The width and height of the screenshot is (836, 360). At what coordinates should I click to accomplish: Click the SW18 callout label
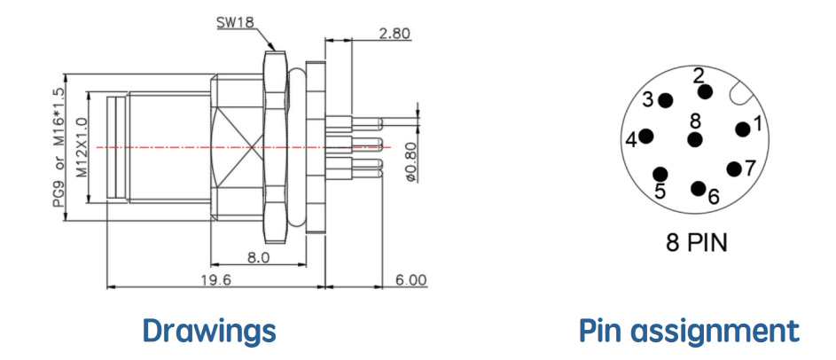click(236, 22)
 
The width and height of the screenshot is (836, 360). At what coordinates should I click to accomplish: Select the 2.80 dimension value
click(395, 34)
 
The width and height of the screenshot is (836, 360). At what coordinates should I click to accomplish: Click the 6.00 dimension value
click(411, 280)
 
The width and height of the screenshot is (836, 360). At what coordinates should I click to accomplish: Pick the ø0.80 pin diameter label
click(411, 160)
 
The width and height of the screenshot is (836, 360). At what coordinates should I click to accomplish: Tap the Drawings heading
click(209, 331)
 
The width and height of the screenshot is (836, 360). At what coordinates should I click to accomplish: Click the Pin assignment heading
click(690, 331)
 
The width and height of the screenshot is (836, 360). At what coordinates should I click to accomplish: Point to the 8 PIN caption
click(696, 243)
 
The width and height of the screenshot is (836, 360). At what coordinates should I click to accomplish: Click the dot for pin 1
click(742, 129)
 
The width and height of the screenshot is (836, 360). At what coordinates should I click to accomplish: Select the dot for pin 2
click(706, 91)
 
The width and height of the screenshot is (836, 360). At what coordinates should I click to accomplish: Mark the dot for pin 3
click(666, 100)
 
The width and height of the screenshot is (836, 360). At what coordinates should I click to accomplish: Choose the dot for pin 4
click(647, 137)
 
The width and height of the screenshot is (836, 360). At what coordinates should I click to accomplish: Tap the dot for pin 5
click(660, 174)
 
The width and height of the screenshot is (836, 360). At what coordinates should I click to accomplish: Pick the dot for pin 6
click(698, 188)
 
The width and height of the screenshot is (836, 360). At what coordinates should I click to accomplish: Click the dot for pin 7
click(735, 169)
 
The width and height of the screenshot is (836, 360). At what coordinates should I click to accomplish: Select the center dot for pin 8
click(695, 140)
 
